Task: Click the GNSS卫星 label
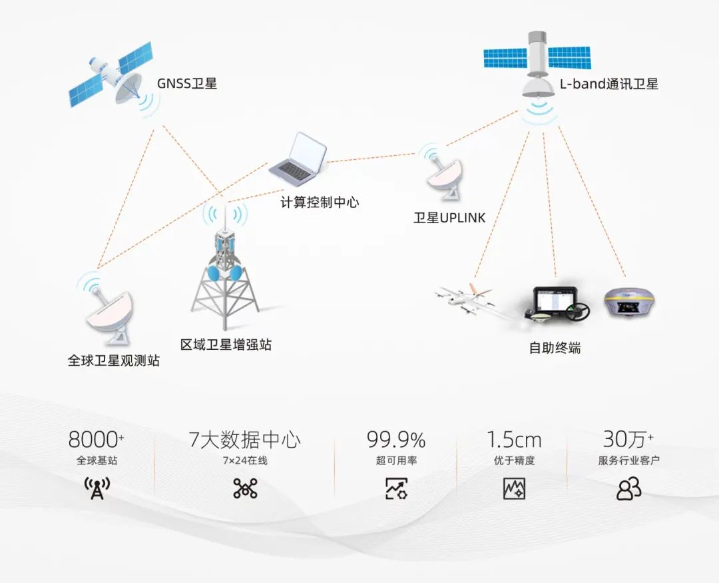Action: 186,83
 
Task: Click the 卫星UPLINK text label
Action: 449,217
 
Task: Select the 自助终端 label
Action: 555,347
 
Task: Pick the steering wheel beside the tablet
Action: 577,310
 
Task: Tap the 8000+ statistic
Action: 97,440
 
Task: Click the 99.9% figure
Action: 395,440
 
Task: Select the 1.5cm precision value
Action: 513,440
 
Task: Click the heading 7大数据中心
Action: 245,440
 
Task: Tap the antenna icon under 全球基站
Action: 97,488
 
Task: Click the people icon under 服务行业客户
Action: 628,488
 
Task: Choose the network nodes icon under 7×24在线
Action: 245,488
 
